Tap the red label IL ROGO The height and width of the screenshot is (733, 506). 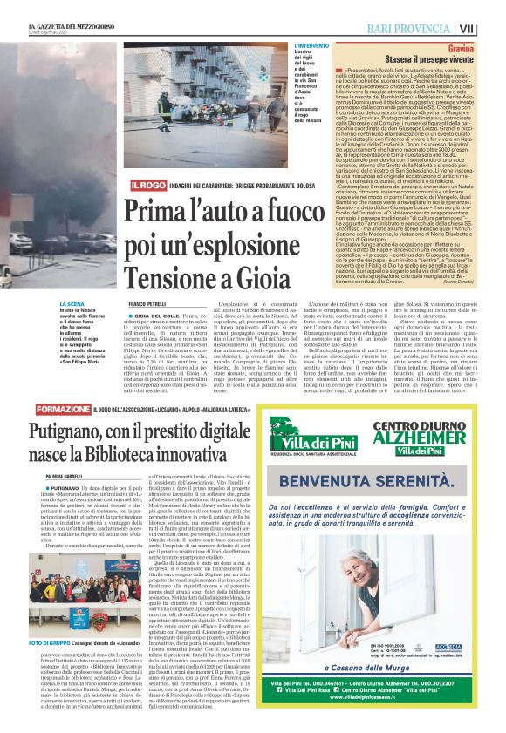click(x=146, y=186)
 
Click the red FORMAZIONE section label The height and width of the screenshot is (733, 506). click(x=63, y=409)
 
